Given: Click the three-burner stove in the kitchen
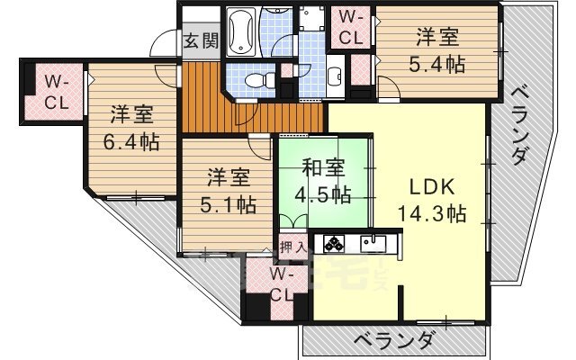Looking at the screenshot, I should click(x=335, y=243).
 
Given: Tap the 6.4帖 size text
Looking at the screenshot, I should click(x=131, y=141).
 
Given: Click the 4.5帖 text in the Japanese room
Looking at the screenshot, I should click(x=321, y=193).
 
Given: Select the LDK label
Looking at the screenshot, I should click(x=431, y=188).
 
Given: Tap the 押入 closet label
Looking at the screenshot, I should click(x=292, y=245).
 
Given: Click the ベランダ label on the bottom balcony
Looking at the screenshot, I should click(x=393, y=340).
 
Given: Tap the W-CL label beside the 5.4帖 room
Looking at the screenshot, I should click(x=352, y=27).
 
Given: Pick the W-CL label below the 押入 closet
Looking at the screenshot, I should click(x=282, y=284).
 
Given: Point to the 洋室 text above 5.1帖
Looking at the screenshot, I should click(x=227, y=176).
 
